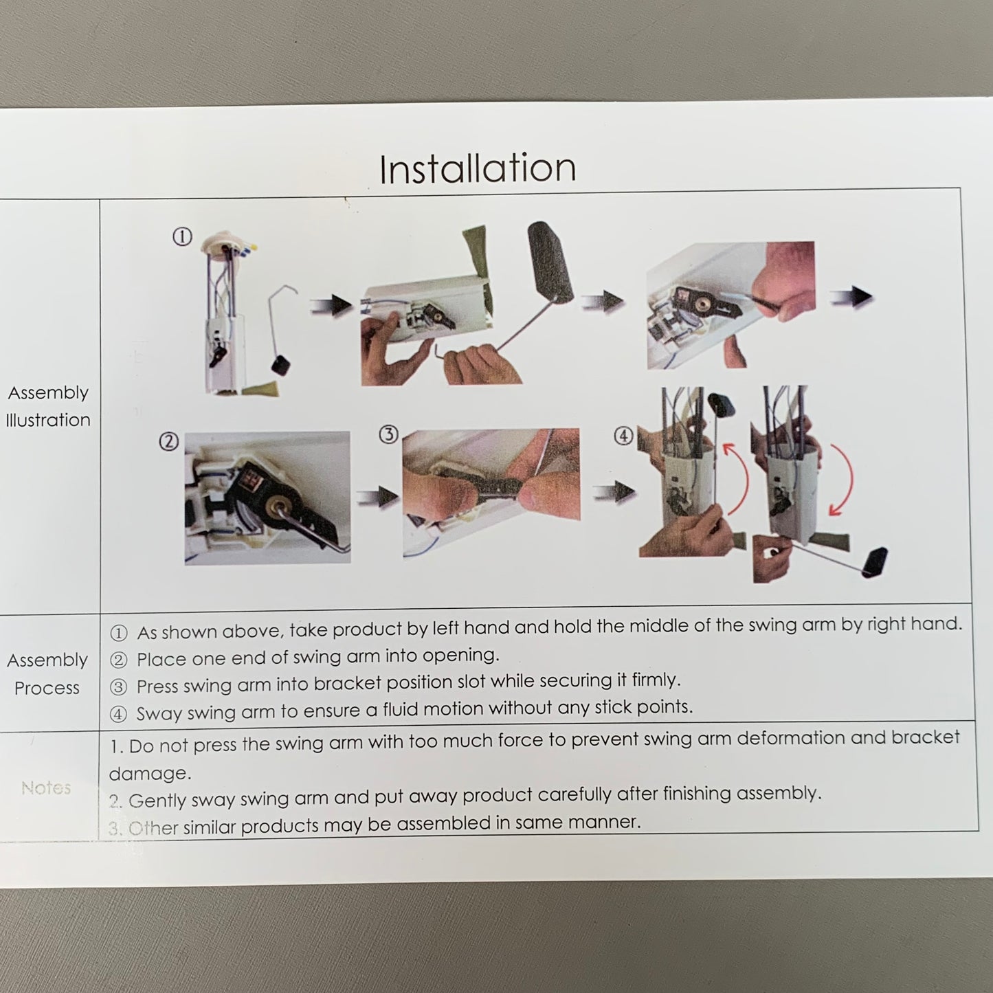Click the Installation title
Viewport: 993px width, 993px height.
point(477,168)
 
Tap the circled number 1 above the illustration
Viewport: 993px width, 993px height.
point(182,236)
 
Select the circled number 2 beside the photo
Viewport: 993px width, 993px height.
point(168,442)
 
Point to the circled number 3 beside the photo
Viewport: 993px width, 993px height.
point(389,434)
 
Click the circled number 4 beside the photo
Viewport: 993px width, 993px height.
point(623,436)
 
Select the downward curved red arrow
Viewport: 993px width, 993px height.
point(845,477)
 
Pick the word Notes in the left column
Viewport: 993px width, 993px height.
point(46,788)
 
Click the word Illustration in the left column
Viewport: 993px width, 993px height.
point(48,420)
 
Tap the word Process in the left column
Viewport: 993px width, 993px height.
point(47,688)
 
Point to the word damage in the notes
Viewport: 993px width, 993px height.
point(150,773)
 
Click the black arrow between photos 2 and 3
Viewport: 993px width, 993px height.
point(378,497)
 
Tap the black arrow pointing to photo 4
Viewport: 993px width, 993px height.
point(613,491)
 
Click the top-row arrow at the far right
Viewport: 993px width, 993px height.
point(851,297)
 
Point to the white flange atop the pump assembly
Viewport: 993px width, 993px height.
point(225,241)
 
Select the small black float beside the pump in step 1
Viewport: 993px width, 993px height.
point(281,365)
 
